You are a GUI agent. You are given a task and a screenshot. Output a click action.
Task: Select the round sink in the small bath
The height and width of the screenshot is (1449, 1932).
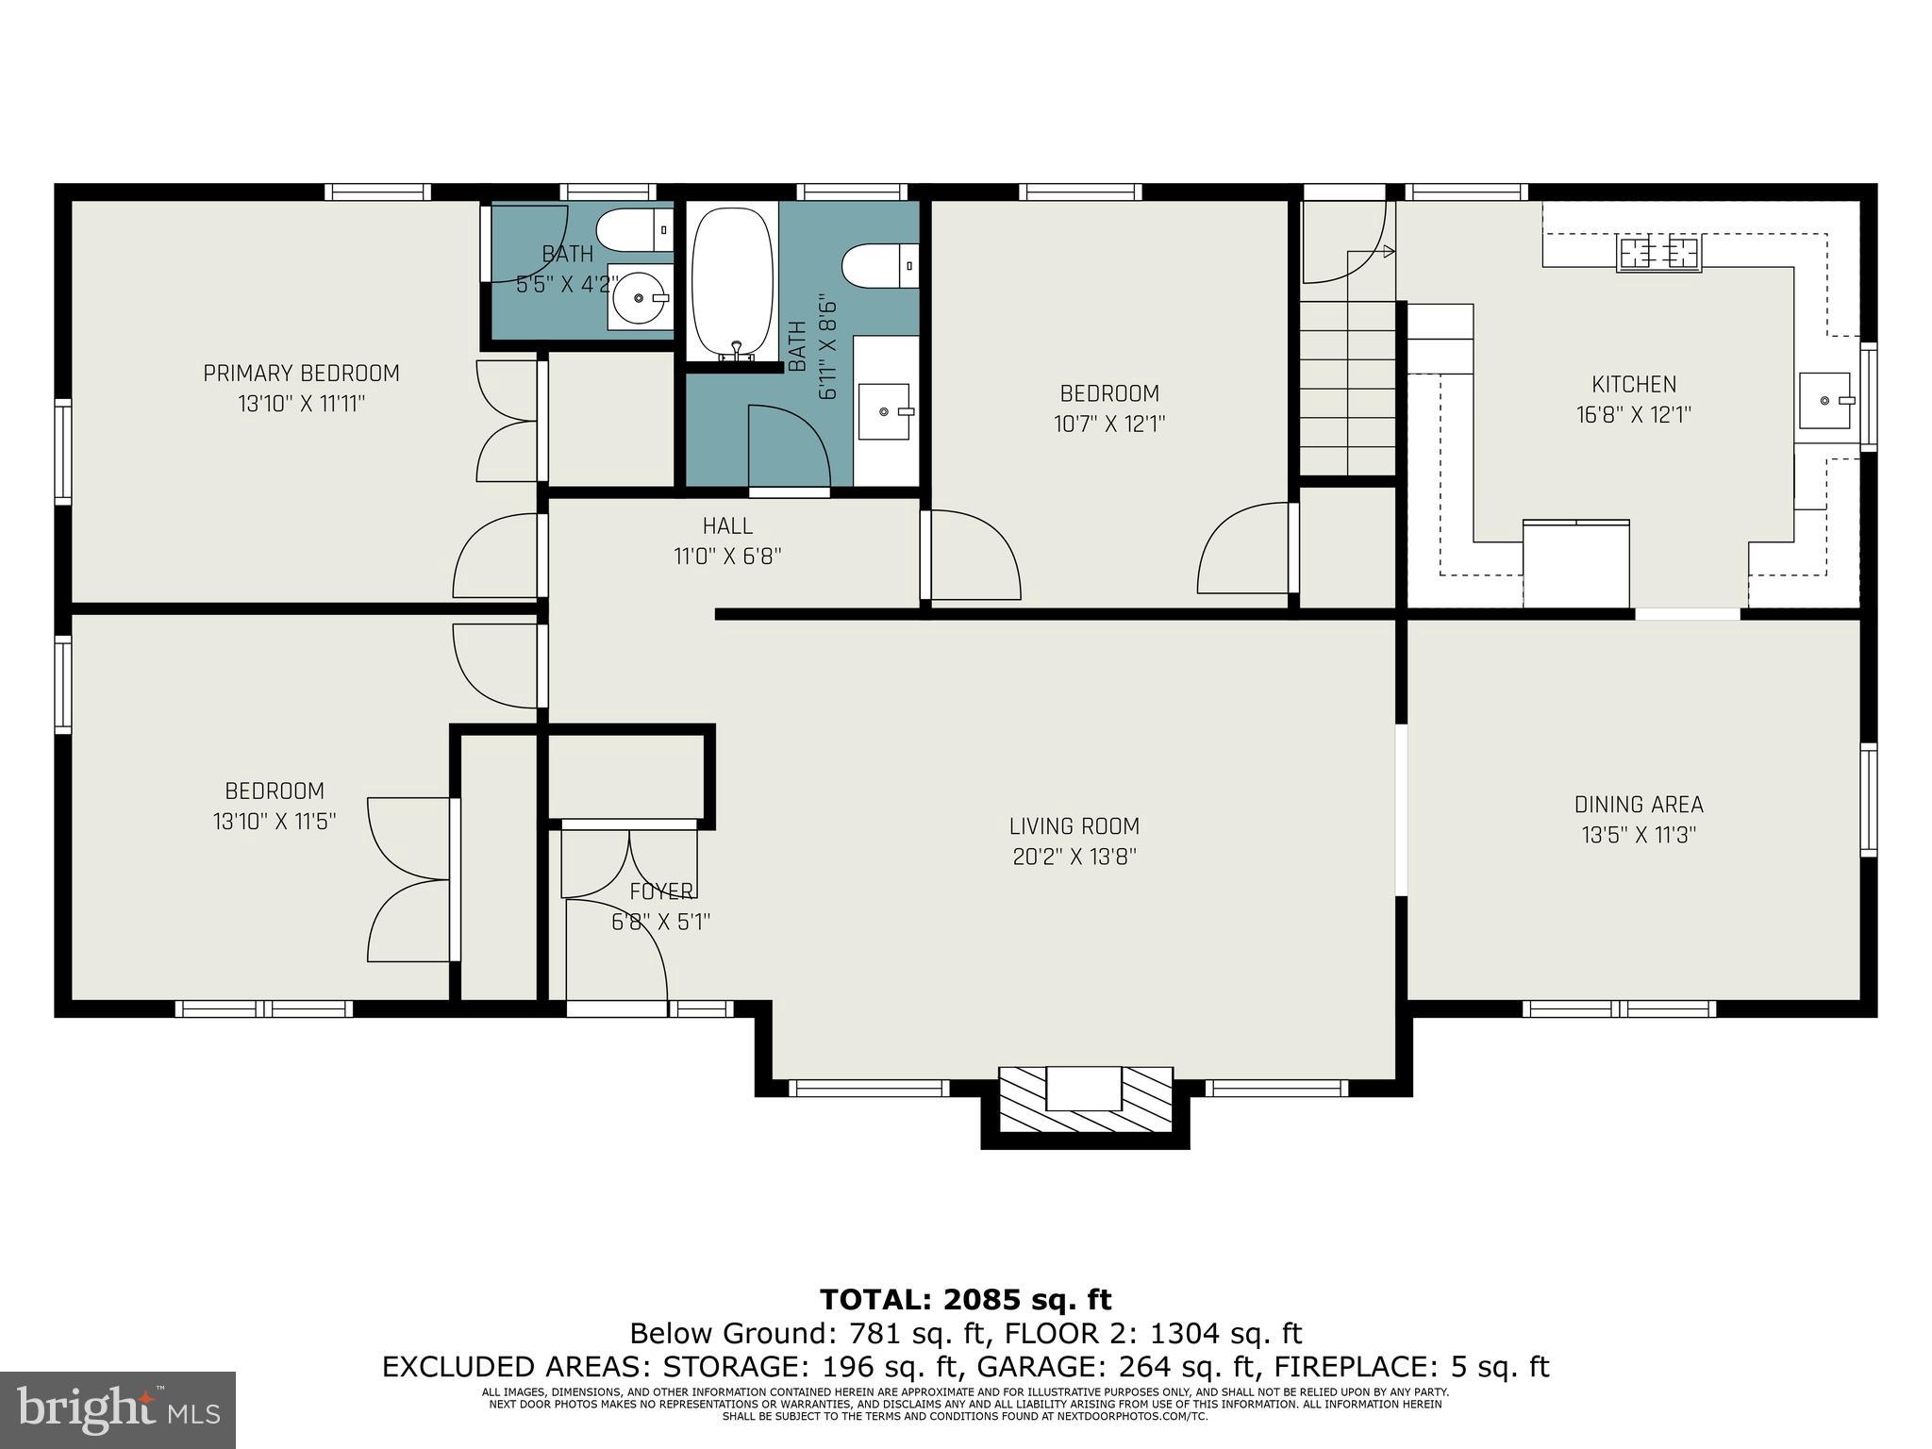[x=641, y=298]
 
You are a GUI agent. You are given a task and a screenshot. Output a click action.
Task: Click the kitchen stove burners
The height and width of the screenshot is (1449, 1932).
[x=1659, y=253]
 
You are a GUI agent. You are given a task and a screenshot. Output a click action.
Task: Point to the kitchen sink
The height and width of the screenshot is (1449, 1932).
[x=1824, y=401]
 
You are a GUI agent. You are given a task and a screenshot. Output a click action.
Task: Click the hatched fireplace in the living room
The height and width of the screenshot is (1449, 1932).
[x=1085, y=1100]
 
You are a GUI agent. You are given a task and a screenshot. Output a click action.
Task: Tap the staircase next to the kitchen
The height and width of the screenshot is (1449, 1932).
[x=1347, y=387]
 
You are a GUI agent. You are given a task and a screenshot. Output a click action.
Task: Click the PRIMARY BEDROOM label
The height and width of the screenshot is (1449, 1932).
[x=301, y=374]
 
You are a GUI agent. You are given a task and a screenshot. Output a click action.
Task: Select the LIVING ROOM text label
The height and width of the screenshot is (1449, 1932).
[x=1074, y=826]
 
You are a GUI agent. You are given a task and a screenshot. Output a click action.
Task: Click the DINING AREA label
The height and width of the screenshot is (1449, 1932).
[x=1639, y=805]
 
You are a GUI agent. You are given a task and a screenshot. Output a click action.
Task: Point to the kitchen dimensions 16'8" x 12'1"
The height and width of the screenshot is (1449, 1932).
[x=1633, y=415]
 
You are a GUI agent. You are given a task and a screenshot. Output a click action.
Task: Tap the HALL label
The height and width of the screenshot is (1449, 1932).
[x=727, y=526]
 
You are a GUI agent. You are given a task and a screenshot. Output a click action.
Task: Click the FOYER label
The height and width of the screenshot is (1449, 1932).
[x=661, y=891]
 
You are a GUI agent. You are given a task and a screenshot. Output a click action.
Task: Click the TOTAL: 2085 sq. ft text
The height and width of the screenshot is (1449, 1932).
[x=965, y=1300]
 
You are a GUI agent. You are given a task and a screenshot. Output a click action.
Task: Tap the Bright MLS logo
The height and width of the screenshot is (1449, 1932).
[x=117, y=1409]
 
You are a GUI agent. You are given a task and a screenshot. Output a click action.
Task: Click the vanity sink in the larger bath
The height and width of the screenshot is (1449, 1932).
[x=885, y=411]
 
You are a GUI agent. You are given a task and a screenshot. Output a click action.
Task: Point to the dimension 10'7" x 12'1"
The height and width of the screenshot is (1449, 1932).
[x=1108, y=425]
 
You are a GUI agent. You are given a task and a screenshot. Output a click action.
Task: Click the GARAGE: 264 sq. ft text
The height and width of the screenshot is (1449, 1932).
[x=1117, y=1367]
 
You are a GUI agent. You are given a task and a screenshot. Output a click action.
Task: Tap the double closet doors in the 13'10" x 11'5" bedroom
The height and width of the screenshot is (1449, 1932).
[x=408, y=879]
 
